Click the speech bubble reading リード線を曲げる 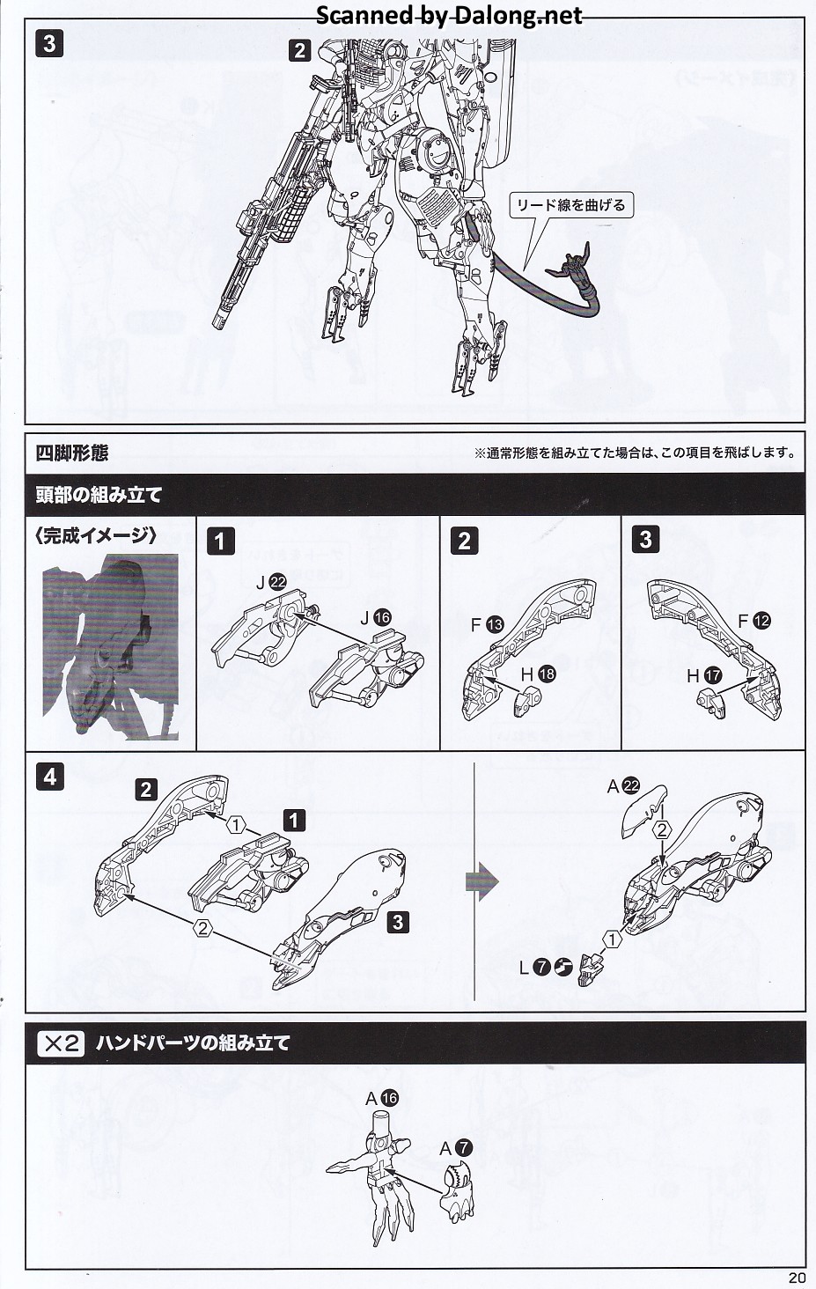tap(570, 205)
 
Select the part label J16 tap(373, 618)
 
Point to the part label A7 tap(456, 1147)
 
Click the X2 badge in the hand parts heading tap(61, 1044)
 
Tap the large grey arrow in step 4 tap(482, 880)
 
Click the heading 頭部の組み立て tap(99, 495)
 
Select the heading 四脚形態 tap(72, 453)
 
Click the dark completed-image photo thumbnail tap(111, 646)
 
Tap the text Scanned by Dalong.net tap(449, 15)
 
